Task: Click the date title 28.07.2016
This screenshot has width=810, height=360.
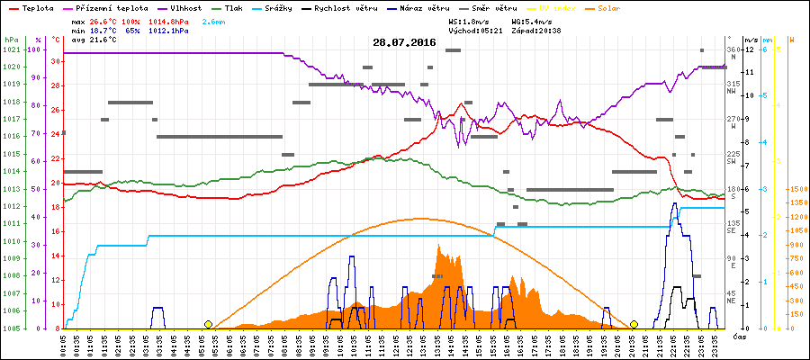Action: pos(404,42)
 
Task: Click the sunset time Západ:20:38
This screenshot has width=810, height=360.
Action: pos(536,31)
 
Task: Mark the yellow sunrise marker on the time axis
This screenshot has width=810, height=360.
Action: pos(209,324)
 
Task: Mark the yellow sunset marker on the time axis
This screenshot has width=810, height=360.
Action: pos(634,324)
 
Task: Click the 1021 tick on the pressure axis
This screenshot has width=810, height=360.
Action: pos(11,49)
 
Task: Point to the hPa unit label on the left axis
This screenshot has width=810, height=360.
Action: pos(11,40)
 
